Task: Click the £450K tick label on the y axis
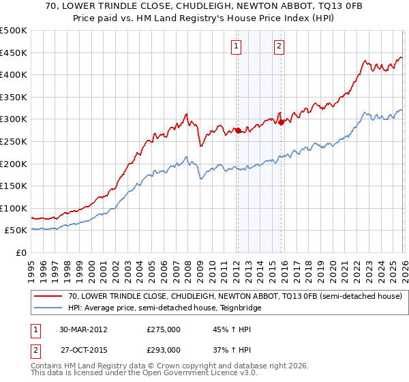coord(14,53)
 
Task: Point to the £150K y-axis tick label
coord(14,186)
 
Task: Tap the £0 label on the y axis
coord(20,252)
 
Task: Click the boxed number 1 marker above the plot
coord(236,46)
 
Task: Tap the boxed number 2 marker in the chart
coord(279,46)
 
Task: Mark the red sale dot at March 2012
coord(238,130)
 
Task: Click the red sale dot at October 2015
coord(280,123)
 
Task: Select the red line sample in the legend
coord(48,297)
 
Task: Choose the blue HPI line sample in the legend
coord(48,308)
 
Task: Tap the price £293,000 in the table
coord(164,349)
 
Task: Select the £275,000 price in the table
coord(164,329)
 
